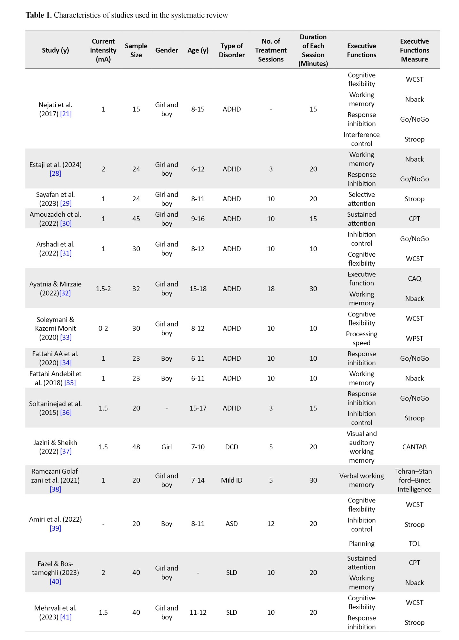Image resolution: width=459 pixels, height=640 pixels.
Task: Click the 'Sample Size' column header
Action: [136, 50]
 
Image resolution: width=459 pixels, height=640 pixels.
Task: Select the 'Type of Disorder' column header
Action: [231, 50]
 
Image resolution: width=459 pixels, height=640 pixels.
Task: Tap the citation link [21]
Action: [66, 114]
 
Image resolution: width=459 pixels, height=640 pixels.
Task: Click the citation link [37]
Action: [66, 451]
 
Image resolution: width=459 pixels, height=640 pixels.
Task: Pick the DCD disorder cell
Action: [231, 447]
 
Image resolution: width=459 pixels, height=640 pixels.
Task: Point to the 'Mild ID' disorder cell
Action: [231, 480]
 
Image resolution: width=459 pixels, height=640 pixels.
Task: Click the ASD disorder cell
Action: [231, 524]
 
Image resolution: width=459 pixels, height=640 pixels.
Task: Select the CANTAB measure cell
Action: [414, 447]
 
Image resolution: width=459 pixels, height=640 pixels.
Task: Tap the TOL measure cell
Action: [414, 543]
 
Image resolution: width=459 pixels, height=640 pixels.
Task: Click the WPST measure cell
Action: [414, 338]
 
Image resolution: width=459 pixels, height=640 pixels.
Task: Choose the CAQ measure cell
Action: [414, 278]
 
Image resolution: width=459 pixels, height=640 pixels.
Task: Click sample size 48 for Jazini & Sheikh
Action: [136, 447]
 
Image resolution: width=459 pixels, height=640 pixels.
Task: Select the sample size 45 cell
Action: [136, 219]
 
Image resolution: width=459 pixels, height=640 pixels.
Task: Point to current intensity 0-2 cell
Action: [103, 328]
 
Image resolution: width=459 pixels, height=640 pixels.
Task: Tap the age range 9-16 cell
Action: [198, 219]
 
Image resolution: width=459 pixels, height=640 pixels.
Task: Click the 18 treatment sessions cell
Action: [271, 289]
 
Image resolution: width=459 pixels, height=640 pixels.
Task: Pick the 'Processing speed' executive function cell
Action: [362, 338]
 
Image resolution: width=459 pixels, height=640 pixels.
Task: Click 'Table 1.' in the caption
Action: [38, 15]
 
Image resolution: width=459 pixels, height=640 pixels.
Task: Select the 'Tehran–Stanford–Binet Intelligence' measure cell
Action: [414, 480]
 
